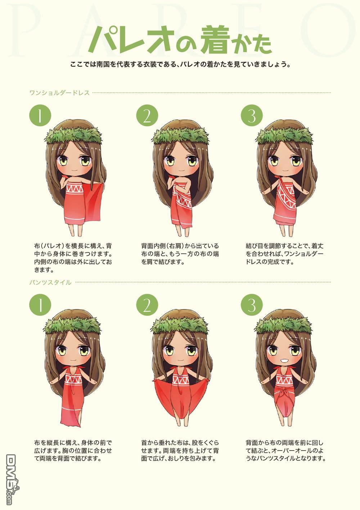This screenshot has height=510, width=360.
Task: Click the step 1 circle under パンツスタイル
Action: pyautogui.click(x=40, y=305)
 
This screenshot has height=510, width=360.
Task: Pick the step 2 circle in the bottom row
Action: pyautogui.click(x=147, y=305)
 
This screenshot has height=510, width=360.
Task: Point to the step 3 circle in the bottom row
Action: pyautogui.click(x=252, y=305)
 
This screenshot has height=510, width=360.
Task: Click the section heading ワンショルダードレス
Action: pyautogui.click(x=59, y=93)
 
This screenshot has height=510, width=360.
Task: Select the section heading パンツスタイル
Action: pyautogui.click(x=50, y=283)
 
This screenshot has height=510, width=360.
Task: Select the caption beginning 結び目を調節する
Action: pyautogui.click(x=285, y=254)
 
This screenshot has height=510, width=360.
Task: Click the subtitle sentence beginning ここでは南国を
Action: pyautogui.click(x=181, y=64)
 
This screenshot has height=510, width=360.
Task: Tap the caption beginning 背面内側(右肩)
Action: pyautogui.click(x=180, y=254)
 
